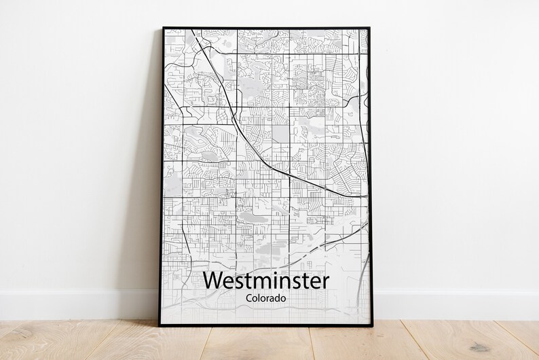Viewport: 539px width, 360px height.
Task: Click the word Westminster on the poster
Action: (x=265, y=280)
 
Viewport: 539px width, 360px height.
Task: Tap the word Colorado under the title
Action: (x=265, y=298)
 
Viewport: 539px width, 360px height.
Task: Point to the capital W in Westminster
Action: (x=215, y=280)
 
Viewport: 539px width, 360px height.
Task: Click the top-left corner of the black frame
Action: (x=164, y=29)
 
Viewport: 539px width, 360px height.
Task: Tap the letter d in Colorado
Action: (x=279, y=298)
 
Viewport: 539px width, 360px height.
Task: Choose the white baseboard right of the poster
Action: (x=455, y=303)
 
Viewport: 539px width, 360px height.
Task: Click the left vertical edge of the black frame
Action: (x=162, y=177)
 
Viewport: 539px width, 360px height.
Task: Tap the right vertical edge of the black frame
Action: (x=369, y=177)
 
